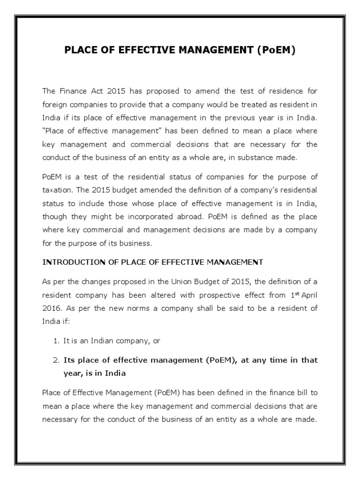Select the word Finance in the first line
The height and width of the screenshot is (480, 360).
70,90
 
